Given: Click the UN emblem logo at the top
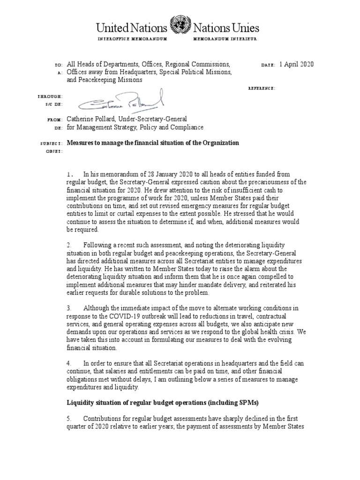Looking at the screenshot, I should tap(180, 24).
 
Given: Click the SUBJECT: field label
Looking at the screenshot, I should tap(50, 143).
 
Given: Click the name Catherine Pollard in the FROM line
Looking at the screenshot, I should tap(95, 120).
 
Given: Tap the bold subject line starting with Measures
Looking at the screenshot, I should tap(153, 142).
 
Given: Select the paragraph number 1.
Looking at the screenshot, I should tap(69, 175).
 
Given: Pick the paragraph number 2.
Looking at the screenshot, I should tap(69, 246).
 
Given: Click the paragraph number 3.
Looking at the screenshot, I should tap(69, 308).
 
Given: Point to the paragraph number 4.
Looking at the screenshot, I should tap(69, 363).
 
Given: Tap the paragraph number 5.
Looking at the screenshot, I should tap(69, 419).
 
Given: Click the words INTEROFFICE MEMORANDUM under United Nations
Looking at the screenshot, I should tap(133, 38).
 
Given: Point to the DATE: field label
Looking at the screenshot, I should tap(268, 65).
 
